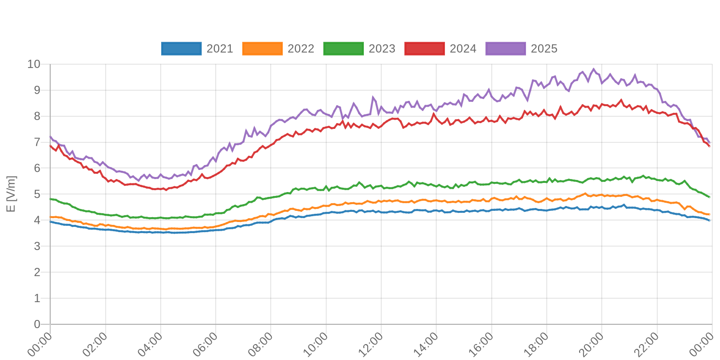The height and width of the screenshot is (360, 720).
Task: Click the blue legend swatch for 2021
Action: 181,49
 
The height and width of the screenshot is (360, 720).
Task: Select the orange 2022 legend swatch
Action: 262,49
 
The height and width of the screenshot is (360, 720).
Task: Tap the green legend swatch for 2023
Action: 343,49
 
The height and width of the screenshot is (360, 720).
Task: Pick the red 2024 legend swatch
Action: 424,49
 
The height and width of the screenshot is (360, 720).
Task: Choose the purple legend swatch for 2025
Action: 505,49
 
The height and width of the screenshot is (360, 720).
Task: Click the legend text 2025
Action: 544,49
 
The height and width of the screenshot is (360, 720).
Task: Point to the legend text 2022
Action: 301,49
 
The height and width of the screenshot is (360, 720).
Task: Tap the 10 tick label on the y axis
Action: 34,64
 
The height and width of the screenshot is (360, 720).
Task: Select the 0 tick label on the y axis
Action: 37,324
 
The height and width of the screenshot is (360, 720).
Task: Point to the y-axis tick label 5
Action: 37,194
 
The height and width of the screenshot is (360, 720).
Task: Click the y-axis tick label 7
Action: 37,142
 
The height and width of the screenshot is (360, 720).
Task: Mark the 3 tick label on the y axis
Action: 37,247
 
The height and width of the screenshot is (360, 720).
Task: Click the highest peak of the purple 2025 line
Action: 594,69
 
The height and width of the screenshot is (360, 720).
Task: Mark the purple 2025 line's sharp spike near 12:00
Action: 373,97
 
